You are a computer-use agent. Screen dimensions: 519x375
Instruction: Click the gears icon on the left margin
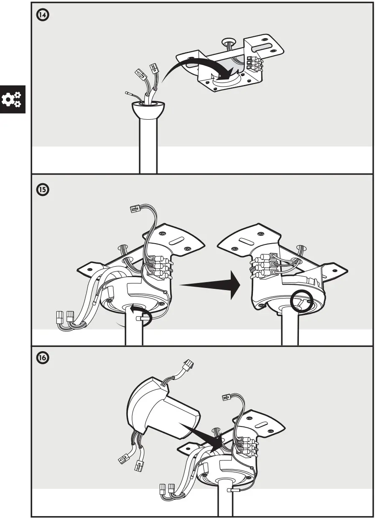coord(12,100)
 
